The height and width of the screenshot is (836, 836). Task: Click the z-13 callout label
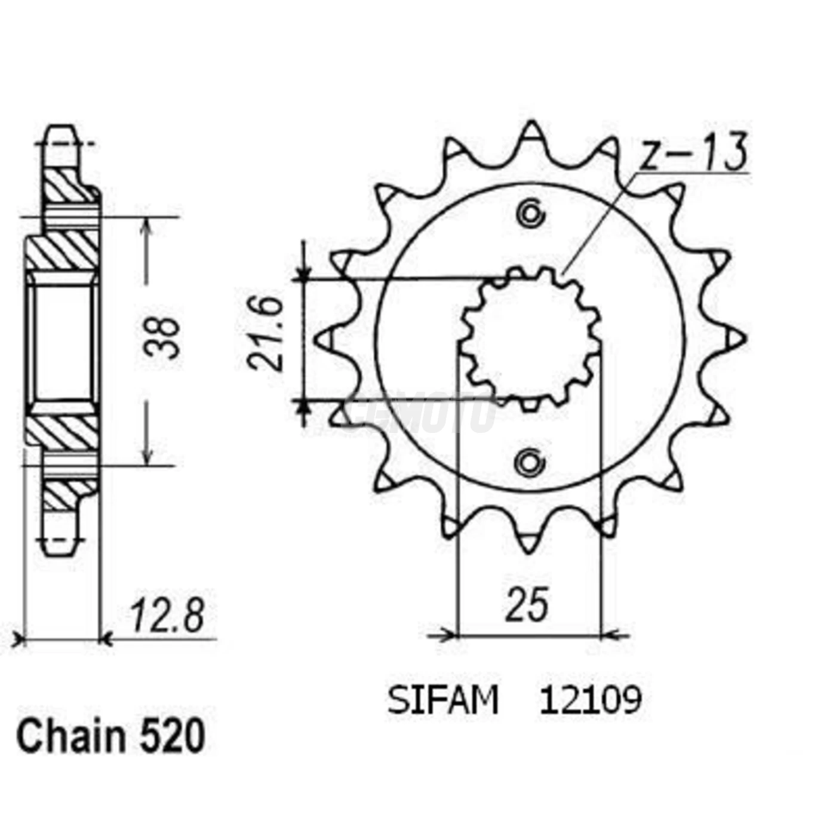pos(693,152)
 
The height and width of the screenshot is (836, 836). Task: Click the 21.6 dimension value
pos(266,334)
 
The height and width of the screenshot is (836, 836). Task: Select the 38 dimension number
pos(162,338)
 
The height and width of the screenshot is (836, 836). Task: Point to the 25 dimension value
pos(527,604)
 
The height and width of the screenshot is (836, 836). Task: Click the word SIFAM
pos(442,700)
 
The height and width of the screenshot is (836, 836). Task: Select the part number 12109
pos(590,700)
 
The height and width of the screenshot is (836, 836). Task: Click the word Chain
pos(69,737)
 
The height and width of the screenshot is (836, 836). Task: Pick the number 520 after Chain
pos(173,737)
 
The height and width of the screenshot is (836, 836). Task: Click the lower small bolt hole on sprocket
pos(529,462)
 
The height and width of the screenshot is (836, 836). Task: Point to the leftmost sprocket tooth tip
pos(321,339)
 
